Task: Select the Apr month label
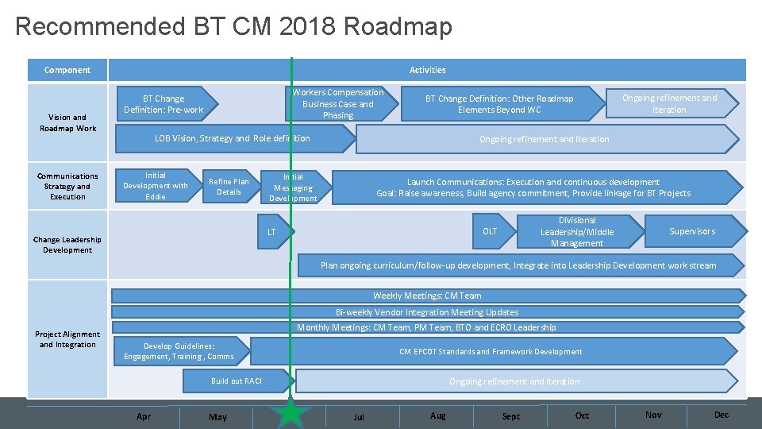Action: [144, 416]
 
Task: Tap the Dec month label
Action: [721, 415]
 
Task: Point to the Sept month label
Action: [511, 416]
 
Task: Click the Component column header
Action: [67, 70]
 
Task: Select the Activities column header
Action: [427, 70]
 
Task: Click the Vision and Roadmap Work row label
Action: [67, 122]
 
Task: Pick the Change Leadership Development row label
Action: [67, 245]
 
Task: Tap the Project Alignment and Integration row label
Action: [67, 339]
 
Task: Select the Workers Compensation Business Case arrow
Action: [337, 104]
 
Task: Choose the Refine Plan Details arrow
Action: [229, 187]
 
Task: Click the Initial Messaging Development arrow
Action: [293, 187]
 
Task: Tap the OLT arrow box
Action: [491, 231]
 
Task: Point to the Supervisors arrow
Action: [692, 231]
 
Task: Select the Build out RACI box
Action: [236, 381]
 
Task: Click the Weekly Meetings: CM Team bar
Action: [427, 296]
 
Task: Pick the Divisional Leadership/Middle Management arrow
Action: [577, 231]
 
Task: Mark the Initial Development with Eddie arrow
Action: [156, 186]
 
